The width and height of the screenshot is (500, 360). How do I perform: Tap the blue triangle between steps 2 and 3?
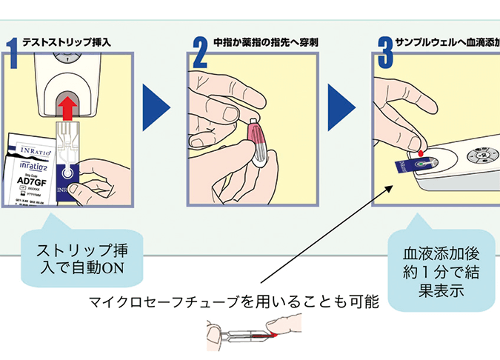341,107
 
